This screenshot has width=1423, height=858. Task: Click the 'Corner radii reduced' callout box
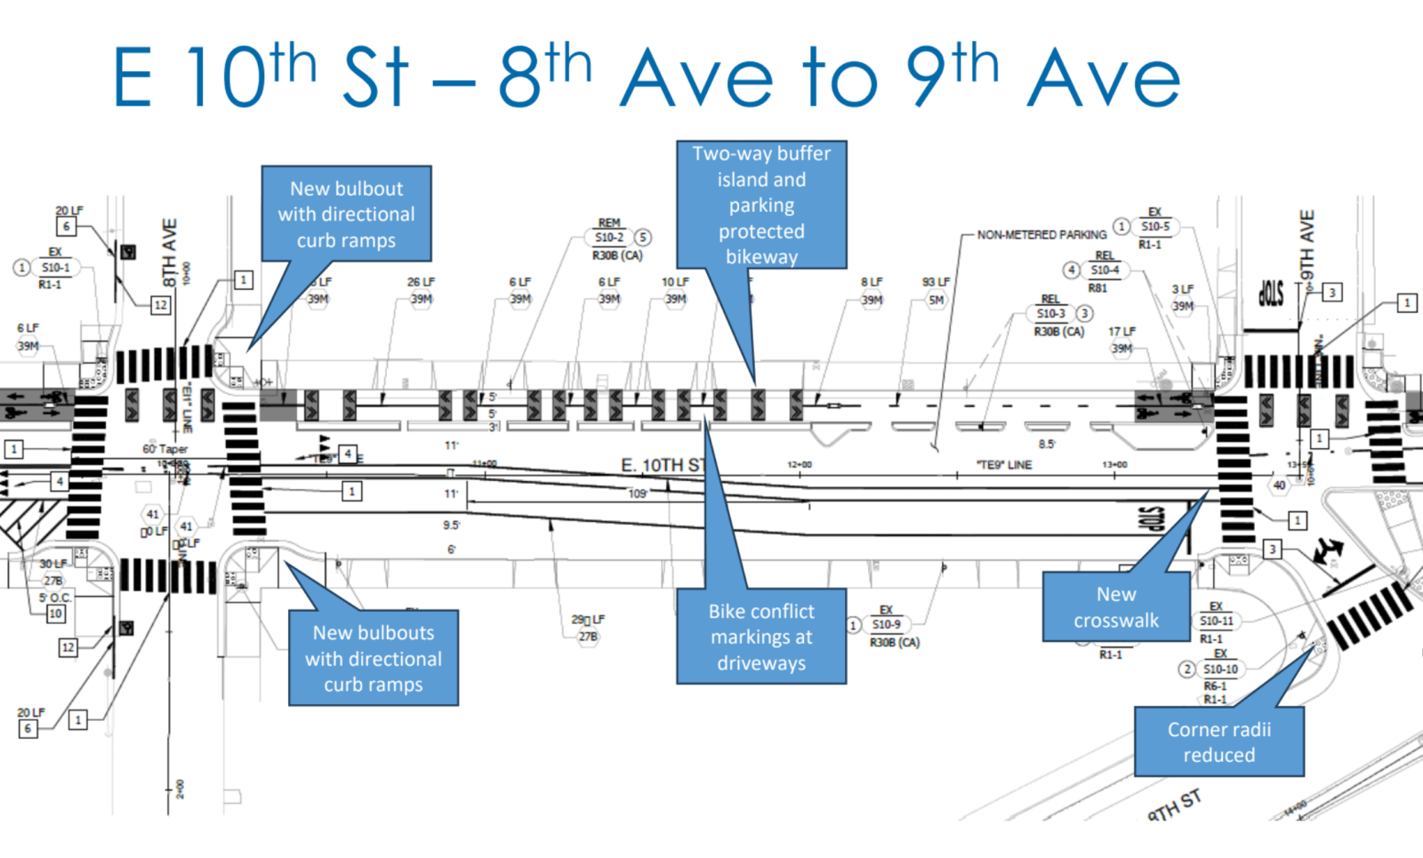[x=1218, y=742]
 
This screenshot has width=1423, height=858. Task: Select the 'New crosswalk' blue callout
[x=1116, y=606]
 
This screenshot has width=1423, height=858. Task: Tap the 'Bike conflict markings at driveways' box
[x=761, y=637]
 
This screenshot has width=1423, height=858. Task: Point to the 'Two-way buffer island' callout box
[x=761, y=204]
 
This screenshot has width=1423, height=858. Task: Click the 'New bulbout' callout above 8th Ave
[x=346, y=213]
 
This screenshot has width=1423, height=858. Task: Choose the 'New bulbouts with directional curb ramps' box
[x=374, y=658]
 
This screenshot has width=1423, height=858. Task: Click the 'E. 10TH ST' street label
[x=663, y=465]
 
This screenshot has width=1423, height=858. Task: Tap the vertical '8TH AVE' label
[x=169, y=253]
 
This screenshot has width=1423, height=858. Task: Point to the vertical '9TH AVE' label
[x=1306, y=245]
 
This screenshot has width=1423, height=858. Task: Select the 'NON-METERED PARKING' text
[x=1041, y=235]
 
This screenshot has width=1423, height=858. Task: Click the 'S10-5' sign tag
[x=1155, y=227]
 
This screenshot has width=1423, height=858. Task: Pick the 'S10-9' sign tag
[x=886, y=625]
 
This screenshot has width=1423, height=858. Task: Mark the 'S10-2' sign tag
[x=609, y=237]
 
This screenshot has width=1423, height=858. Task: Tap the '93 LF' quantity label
[x=936, y=282]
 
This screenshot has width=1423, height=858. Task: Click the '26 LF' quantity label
[x=421, y=282]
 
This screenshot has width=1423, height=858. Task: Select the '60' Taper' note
[x=165, y=449]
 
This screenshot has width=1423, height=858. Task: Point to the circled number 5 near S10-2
[x=642, y=237]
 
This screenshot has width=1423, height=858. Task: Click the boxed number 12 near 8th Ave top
[x=160, y=305]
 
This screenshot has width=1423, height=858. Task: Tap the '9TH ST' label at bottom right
[x=1174, y=805]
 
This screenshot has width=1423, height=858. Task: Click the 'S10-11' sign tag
[x=1217, y=621]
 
